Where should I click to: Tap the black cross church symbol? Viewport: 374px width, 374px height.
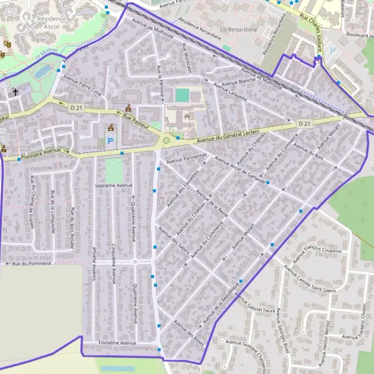click(x=16, y=92)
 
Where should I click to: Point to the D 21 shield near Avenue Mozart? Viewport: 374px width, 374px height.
click(x=304, y=124)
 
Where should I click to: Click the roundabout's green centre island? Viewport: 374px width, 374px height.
click(x=166, y=141)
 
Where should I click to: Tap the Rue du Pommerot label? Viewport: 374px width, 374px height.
click(x=31, y=264)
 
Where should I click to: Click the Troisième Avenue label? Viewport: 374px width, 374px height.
click(x=113, y=343)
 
